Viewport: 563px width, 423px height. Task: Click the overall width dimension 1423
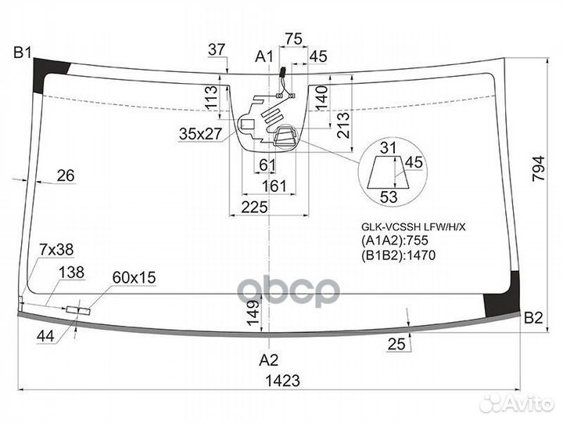coord(282,380)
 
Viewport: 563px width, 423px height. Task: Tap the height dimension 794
coord(539,168)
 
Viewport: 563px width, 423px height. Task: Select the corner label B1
coord(23,52)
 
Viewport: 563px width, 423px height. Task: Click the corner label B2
coord(533,318)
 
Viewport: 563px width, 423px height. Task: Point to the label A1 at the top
coord(264,56)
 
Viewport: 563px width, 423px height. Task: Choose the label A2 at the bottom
coord(268,360)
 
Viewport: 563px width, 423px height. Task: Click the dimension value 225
coord(255,207)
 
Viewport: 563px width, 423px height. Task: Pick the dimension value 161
coord(274,186)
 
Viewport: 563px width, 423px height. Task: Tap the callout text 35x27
coord(201,134)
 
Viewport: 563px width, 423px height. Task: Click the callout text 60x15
coord(134,277)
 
